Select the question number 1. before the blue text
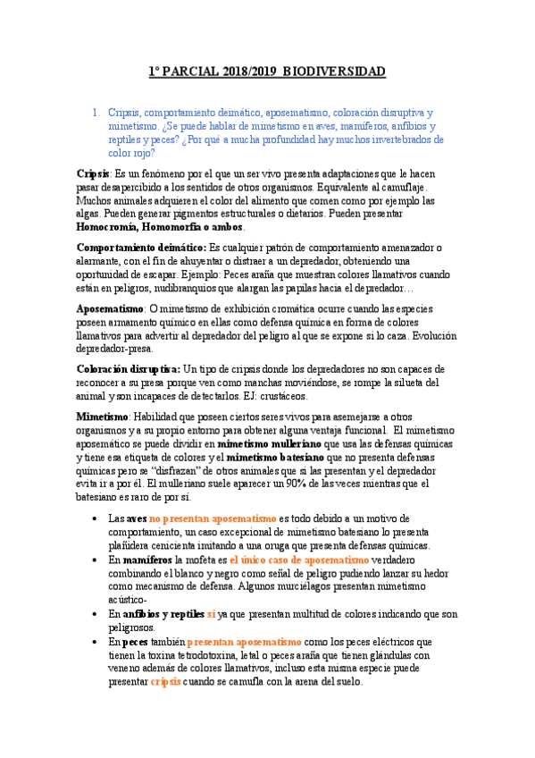pyautogui.click(x=96, y=114)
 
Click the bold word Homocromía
pyautogui.click(x=113, y=227)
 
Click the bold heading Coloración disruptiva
pyautogui.click(x=128, y=368)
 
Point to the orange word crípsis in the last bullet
pyautogui.click(x=165, y=681)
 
